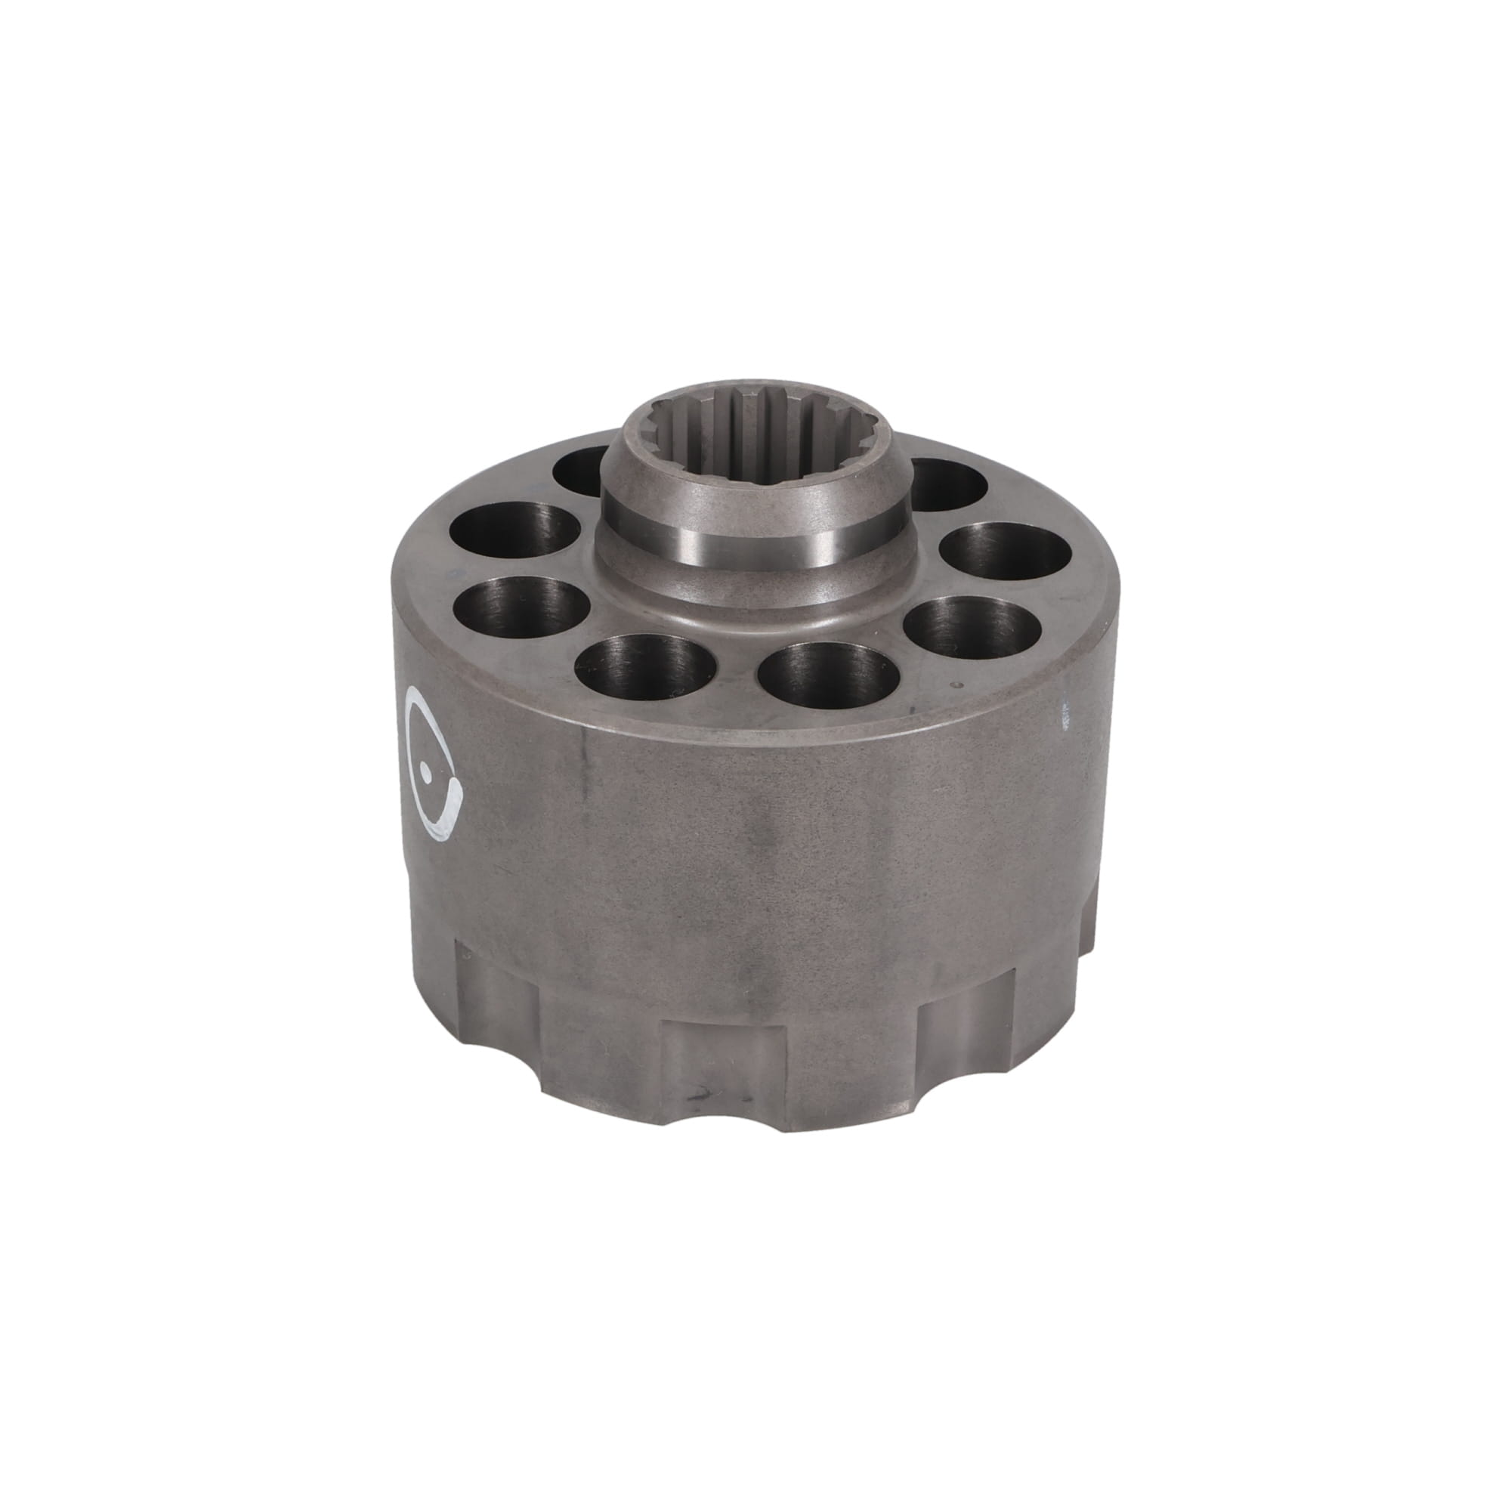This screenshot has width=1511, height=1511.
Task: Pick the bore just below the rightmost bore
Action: point(974,626)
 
